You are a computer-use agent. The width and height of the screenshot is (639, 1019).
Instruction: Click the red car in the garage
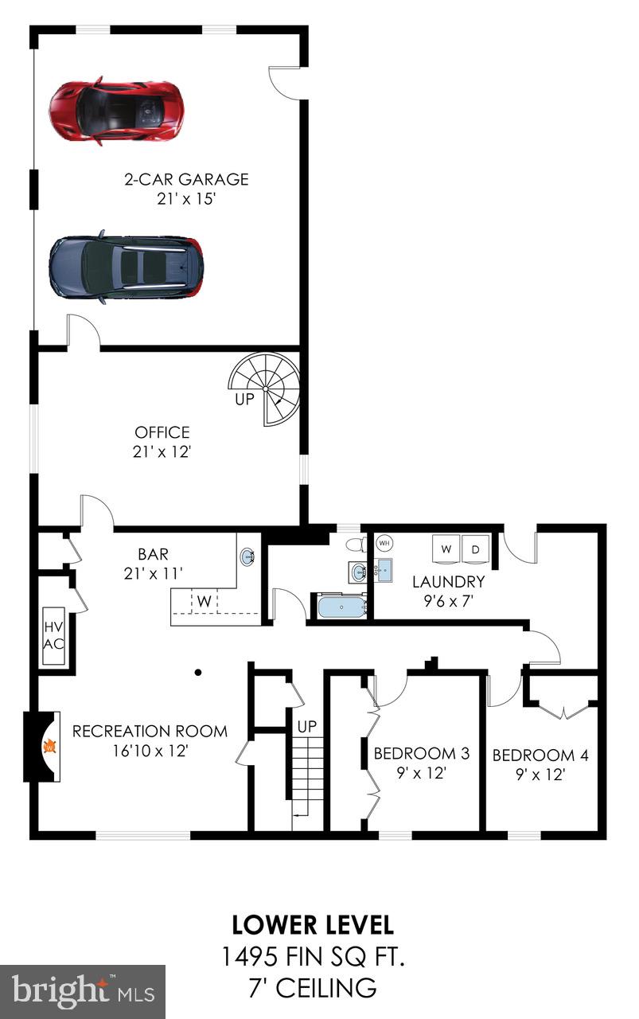116,111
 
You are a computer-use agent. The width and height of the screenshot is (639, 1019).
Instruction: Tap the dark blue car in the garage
126,267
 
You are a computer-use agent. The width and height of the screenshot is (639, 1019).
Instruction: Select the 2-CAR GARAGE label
186,179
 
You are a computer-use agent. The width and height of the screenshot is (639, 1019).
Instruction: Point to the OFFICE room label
162,432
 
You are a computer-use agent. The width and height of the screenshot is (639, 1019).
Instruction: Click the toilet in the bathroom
358,545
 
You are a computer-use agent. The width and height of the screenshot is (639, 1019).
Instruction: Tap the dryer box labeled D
476,549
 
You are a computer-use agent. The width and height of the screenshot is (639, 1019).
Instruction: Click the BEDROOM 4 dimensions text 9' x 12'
540,774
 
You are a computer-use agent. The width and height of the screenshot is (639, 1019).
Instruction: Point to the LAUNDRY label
448,581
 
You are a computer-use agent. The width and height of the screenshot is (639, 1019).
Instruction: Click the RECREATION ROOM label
150,731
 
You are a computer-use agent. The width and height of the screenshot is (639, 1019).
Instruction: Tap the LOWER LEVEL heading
313,925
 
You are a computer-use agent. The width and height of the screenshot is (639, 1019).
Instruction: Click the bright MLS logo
83,991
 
